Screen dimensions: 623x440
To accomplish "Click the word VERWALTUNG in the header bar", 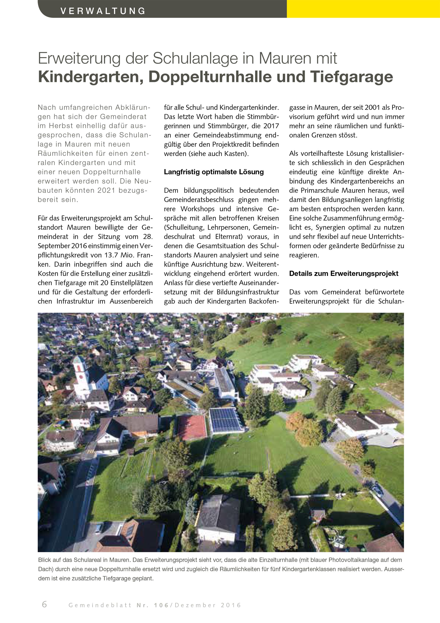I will pyautogui.click(x=103, y=11).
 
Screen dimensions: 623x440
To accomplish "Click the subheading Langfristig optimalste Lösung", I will pyautogui.click(x=214, y=172).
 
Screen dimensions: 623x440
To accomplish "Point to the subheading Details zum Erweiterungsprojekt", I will pyautogui.click(x=344, y=274).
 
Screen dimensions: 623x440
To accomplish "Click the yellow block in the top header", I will pyautogui.click(x=363, y=9).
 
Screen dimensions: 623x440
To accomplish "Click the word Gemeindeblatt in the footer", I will pyautogui.click(x=100, y=605).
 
